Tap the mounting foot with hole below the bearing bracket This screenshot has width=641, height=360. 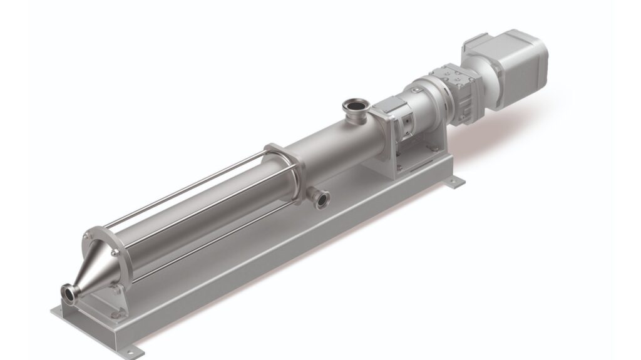pos(457,182)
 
